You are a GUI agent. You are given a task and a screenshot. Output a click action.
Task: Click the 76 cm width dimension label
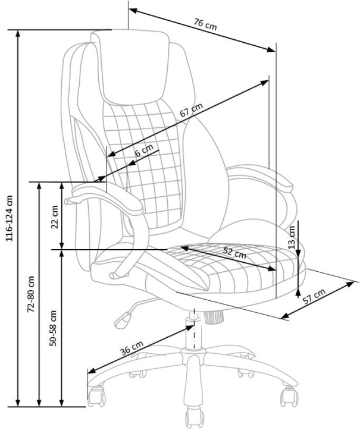[205, 24]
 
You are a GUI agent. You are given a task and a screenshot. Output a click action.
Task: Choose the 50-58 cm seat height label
[53, 327]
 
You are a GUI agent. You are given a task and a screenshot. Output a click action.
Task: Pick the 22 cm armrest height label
[54, 217]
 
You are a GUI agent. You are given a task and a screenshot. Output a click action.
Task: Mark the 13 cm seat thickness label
[291, 237]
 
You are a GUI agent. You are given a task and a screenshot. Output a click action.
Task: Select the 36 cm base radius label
[132, 348]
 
